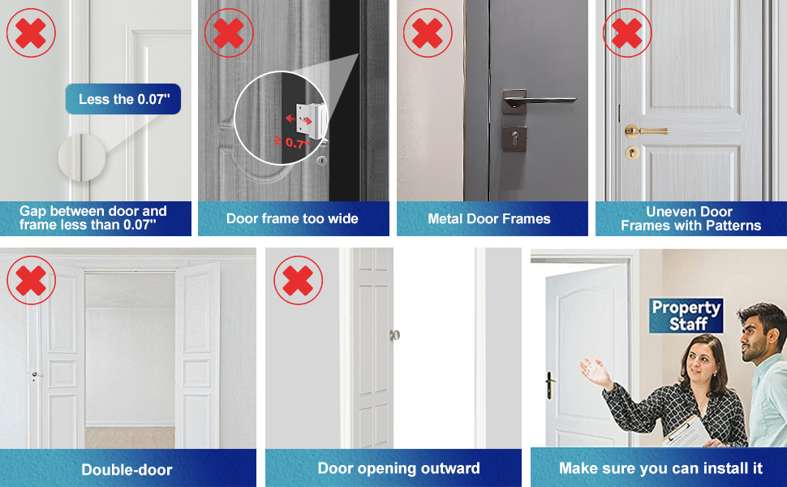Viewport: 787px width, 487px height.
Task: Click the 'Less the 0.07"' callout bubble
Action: point(123,99)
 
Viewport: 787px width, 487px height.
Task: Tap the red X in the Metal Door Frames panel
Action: point(428,33)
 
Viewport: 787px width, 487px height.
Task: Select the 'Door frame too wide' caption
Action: point(292,218)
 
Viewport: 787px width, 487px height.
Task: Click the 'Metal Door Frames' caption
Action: point(489,218)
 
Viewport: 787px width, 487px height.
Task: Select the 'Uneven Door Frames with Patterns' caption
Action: point(691,218)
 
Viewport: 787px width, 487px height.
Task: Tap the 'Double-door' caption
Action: point(127,469)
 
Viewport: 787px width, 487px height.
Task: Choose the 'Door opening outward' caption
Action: point(398,468)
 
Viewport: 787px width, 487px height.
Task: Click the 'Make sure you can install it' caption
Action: point(660,468)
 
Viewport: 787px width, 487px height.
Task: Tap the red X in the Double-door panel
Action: point(31,280)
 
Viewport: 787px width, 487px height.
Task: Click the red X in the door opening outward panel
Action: point(298,280)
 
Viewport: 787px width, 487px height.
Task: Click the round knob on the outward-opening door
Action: point(395,334)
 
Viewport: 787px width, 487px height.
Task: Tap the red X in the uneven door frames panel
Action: point(626,33)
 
